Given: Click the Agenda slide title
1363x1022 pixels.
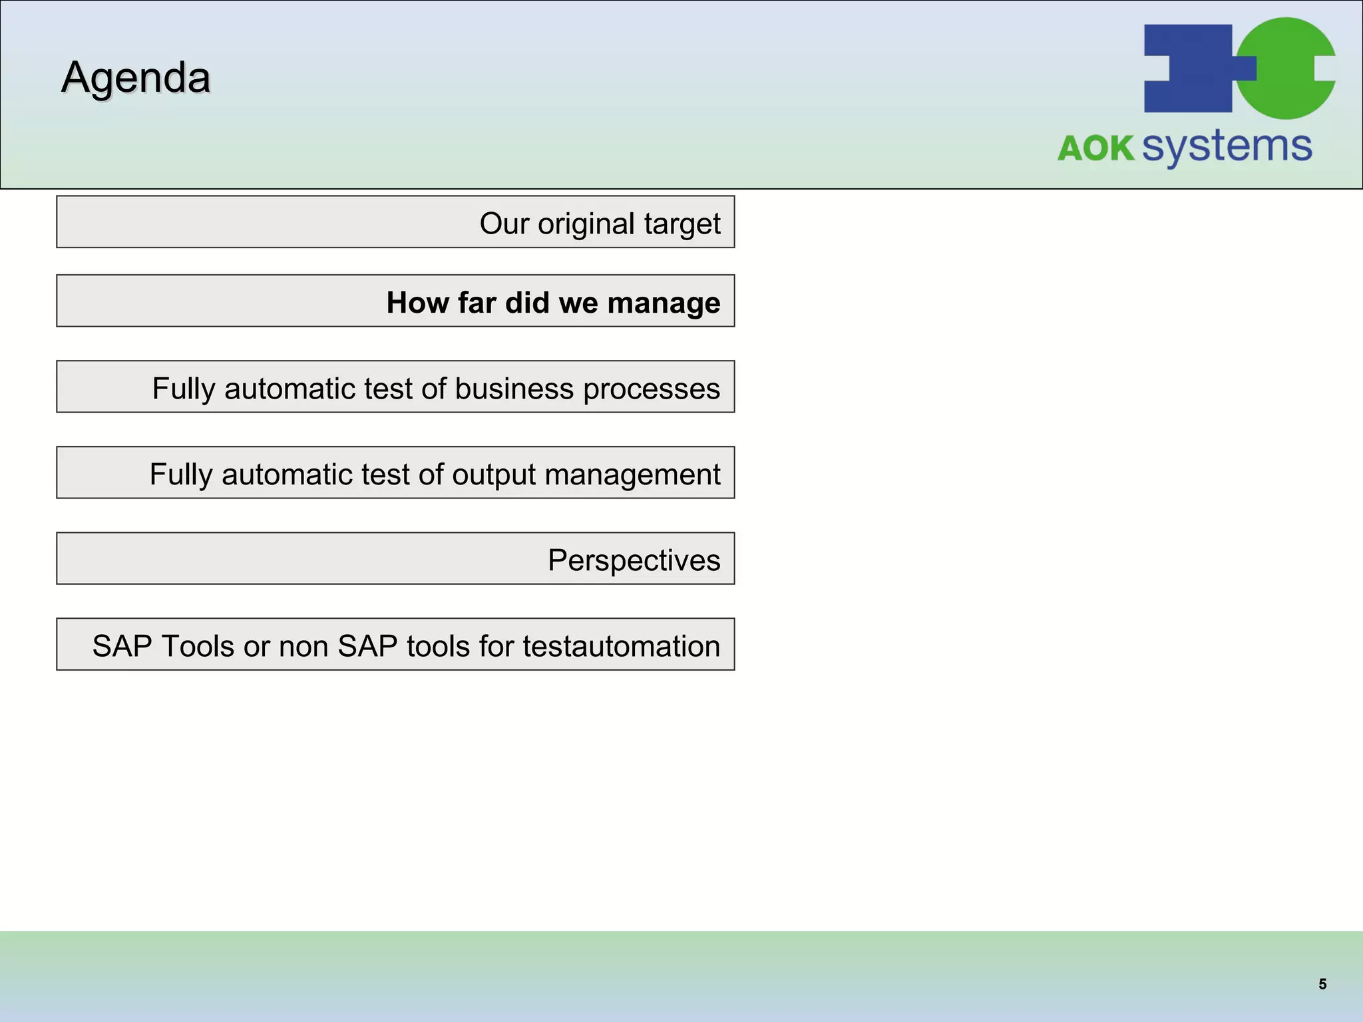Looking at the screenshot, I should click(136, 78).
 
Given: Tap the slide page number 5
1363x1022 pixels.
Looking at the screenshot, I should click(1322, 984).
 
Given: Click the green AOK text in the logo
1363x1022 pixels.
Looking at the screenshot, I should click(1095, 148).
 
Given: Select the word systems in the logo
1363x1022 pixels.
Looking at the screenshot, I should click(1227, 146).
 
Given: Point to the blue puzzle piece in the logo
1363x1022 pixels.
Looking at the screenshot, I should click(1188, 69).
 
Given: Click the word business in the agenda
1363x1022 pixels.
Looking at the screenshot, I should click(513, 389).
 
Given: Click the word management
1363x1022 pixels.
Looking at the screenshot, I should click(632, 475).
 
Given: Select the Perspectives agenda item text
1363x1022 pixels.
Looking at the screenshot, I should click(634, 560).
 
